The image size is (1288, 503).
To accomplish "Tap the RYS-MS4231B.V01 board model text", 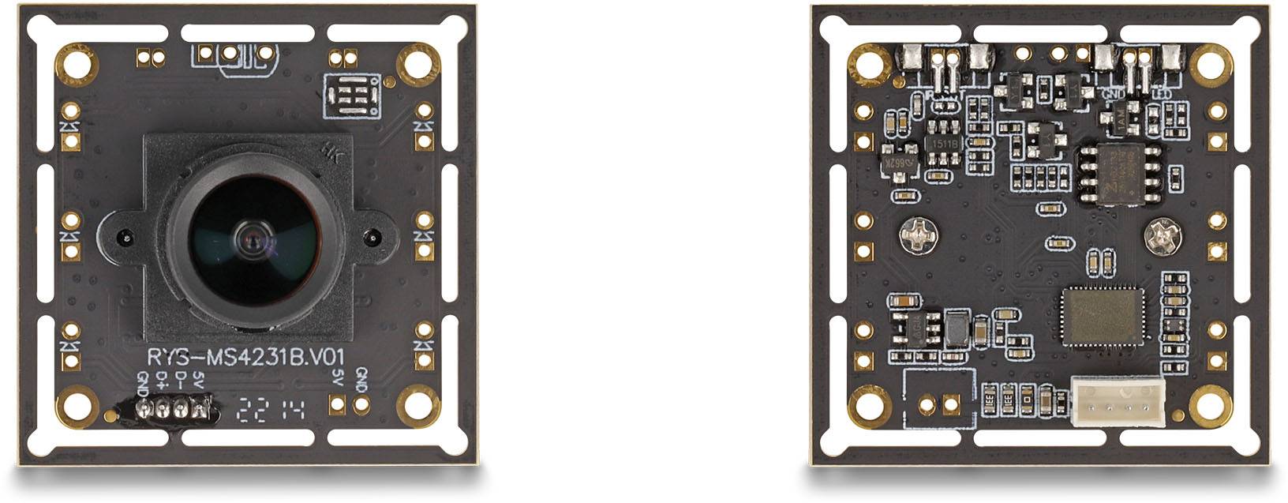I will [245, 356].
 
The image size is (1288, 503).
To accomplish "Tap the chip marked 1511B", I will [943, 144].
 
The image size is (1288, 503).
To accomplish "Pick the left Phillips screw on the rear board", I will [918, 235].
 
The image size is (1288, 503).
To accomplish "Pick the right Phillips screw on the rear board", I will [1163, 235].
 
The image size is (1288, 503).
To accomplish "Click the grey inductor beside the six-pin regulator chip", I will [957, 327].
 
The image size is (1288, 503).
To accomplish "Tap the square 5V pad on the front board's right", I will [338, 405].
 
